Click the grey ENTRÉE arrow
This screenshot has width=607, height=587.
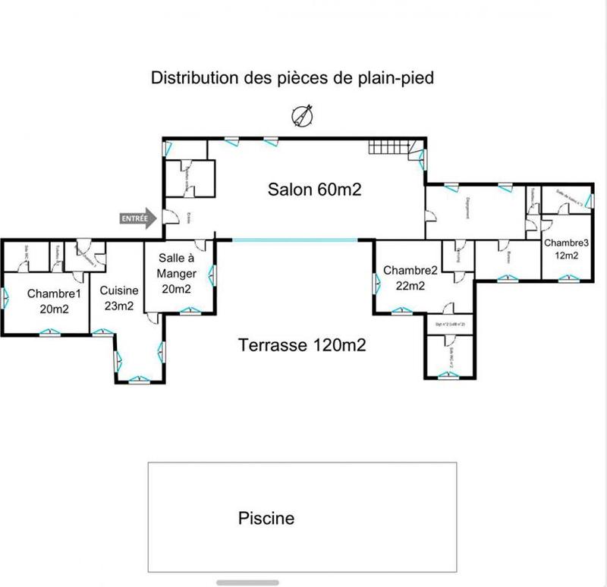click(x=137, y=218)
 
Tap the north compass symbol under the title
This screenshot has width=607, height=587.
click(x=303, y=116)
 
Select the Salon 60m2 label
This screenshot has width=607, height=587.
click(x=313, y=190)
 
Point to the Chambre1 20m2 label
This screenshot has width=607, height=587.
click(x=54, y=300)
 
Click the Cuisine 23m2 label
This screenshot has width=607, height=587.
click(x=119, y=298)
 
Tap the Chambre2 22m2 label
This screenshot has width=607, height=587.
click(x=410, y=278)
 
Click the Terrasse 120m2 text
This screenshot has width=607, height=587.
click(x=303, y=346)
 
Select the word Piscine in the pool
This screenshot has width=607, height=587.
click(x=266, y=519)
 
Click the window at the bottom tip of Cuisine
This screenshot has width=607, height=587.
click(x=138, y=379)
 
